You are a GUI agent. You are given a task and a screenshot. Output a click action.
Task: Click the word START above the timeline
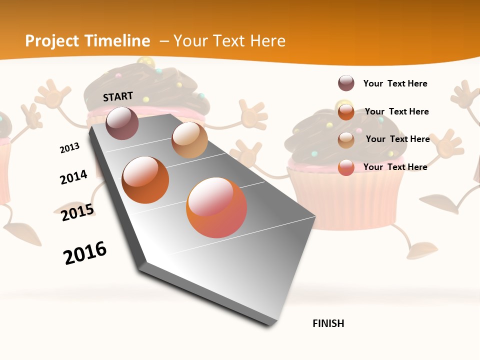pyautogui.click(x=118, y=96)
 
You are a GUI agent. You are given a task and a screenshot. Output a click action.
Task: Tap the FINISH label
pyautogui.click(x=328, y=323)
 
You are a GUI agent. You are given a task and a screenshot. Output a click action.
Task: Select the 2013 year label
pyautogui.click(x=69, y=148)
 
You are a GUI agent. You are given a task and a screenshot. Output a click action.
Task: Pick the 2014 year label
pyautogui.click(x=73, y=177)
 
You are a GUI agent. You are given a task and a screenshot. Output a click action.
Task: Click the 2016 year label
pyautogui.click(x=85, y=252)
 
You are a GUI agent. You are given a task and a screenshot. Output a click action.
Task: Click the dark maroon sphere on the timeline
pyautogui.click(x=122, y=123)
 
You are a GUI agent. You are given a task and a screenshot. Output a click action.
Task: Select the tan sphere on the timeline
pyautogui.click(x=189, y=140)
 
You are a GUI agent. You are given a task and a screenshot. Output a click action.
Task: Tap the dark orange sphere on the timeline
pyautogui.click(x=145, y=180)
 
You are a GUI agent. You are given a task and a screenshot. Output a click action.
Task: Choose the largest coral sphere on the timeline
pyautogui.click(x=216, y=207)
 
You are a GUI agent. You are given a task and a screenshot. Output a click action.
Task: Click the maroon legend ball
pyautogui.click(x=346, y=83)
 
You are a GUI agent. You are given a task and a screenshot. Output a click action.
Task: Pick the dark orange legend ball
pyautogui.click(x=346, y=112)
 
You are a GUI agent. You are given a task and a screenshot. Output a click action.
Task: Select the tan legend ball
pyautogui.click(x=346, y=140)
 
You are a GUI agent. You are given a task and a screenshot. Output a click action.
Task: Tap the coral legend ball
pyautogui.click(x=346, y=167)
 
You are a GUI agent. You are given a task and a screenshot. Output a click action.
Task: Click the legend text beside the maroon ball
pyautogui.click(x=395, y=83)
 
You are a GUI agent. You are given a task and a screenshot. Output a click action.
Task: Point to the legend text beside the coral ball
pyautogui.click(x=395, y=167)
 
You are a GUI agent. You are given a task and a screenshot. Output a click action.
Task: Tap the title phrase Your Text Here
pyautogui.click(x=229, y=41)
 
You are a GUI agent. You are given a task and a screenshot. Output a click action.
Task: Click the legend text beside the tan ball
pyautogui.click(x=397, y=139)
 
